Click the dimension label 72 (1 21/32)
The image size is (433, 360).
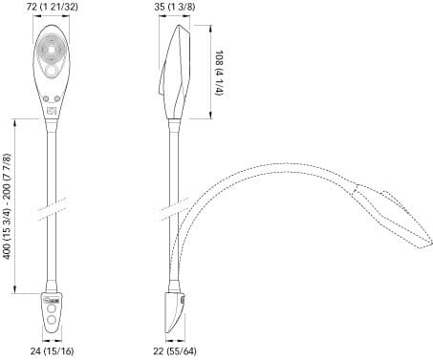[52, 7]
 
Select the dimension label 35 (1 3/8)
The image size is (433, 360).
[175, 7]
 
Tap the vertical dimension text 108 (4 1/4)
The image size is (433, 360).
[220, 73]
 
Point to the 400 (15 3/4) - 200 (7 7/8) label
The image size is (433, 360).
[8, 206]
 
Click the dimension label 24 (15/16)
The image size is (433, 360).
[53, 351]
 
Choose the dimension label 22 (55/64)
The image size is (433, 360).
[175, 351]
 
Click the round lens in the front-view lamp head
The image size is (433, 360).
[51, 50]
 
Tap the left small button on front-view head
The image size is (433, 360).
[46, 98]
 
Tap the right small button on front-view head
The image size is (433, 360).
[57, 98]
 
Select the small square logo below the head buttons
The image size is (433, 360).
[52, 111]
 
